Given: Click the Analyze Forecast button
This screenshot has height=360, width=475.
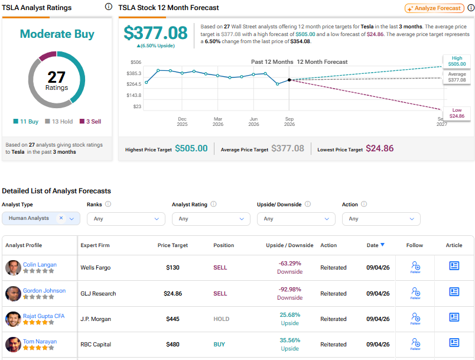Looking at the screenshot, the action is (434, 8).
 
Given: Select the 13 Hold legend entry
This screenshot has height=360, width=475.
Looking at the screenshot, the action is (58, 122).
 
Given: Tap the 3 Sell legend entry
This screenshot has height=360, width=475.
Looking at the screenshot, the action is (90, 122).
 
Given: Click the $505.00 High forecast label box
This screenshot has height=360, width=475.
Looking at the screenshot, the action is (457, 61).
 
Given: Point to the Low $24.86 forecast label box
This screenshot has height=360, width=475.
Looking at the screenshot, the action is (457, 113).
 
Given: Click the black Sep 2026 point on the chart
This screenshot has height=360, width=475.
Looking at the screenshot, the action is (289, 80).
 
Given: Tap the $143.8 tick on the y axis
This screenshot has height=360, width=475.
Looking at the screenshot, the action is (134, 95).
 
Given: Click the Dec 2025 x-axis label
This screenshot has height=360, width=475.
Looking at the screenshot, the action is (182, 122).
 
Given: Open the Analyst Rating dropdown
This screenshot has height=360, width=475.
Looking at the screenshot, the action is (211, 219).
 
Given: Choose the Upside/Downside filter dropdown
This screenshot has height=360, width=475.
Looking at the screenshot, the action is (296, 219).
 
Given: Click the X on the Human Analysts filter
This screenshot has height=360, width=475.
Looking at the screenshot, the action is (61, 218).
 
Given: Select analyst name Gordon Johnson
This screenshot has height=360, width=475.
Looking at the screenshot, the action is (44, 290).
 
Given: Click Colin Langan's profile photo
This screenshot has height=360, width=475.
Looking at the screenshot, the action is (13, 268).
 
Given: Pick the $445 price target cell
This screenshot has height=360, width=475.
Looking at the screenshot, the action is (173, 319).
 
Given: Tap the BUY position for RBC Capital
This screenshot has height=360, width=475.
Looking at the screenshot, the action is (219, 344).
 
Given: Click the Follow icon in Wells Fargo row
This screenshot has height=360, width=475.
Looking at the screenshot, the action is (415, 267).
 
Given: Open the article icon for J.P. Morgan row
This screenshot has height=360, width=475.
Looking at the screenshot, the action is (454, 317).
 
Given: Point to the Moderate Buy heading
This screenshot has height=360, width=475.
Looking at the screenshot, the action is (57, 34).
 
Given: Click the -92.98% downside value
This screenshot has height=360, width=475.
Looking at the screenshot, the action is (290, 290).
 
